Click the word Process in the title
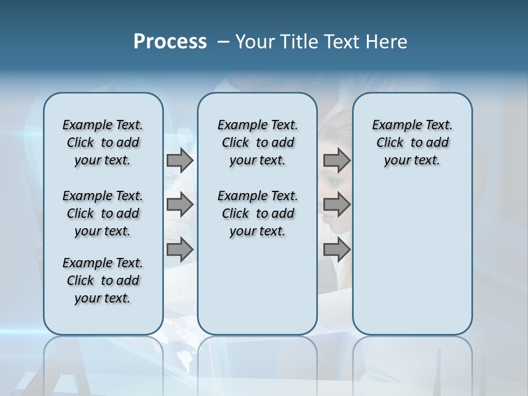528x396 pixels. tap(170, 42)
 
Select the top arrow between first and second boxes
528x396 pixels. tap(179, 160)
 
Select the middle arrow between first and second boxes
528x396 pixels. tap(179, 205)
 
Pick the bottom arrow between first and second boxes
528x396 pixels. tap(179, 250)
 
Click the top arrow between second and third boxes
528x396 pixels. tap(337, 160)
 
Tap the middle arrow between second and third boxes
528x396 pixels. tap(337, 205)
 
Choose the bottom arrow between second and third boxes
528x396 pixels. tap(337, 250)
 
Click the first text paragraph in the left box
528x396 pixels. tap(103, 142)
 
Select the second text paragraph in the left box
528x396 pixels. tap(103, 213)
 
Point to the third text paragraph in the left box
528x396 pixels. tap(103, 280)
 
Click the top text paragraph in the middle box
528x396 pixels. tap(257, 142)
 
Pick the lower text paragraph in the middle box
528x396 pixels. tap(257, 213)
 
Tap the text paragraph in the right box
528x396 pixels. tap(412, 142)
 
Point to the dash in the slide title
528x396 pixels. tap(223, 42)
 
